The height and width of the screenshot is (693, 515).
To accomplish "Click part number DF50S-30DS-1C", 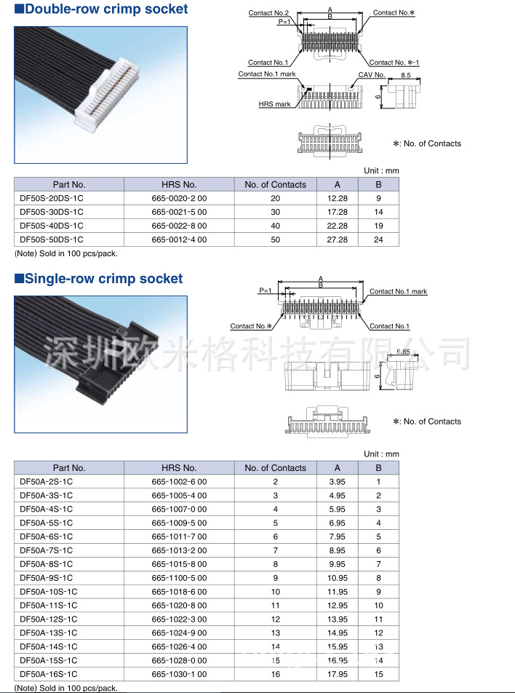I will point(51,212).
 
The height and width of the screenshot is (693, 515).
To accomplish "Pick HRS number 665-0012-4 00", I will point(179,239).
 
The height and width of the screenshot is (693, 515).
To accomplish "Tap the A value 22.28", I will point(338,226).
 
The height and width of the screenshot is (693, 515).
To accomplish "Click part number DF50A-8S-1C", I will point(47,564).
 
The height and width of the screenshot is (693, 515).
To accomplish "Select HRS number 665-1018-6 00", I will point(179,592).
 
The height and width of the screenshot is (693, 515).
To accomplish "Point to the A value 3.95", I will point(338,482).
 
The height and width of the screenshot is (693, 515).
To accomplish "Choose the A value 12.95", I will point(338,606).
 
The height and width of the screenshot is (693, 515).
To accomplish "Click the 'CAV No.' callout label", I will point(372,75).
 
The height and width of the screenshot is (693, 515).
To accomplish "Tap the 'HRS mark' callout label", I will point(274,104).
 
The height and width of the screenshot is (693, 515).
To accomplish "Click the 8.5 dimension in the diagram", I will point(406,75).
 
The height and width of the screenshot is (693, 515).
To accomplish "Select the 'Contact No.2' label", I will point(268,13).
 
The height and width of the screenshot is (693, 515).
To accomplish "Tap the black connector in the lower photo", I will point(116,364).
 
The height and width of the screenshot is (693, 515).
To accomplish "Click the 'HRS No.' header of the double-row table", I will point(179,185).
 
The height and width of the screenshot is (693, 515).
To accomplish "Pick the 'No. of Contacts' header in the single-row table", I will point(275,468).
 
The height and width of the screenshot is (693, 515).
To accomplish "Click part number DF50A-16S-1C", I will point(49,674).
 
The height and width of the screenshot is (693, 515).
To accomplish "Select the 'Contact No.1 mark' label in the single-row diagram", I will point(398,291).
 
